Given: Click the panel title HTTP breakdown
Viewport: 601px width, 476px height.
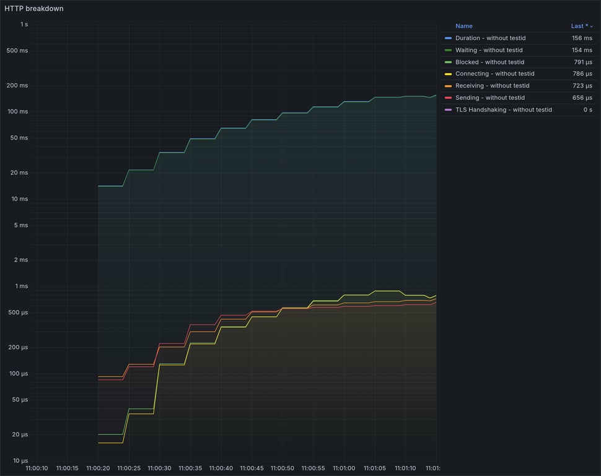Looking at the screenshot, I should coord(34,9).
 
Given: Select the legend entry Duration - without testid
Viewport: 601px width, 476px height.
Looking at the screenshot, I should coord(490,38).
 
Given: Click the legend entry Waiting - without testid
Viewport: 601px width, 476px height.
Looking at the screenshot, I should coord(489,50).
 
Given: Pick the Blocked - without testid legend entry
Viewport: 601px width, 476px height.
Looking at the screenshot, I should coord(489,62).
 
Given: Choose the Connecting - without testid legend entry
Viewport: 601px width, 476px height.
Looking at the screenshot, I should coord(494,74).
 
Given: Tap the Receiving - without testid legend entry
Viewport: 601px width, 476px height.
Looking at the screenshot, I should coord(492,86).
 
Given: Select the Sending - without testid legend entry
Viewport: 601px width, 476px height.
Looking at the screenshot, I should coord(489,97).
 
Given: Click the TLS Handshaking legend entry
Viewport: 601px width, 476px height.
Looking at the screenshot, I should coord(503,110).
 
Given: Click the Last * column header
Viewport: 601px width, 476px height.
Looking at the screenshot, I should coord(580,26).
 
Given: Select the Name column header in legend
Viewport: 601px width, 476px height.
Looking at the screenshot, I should coord(463,26).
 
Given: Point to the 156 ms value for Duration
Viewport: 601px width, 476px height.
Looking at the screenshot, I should coord(582,38).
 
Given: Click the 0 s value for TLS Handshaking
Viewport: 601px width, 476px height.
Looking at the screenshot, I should coord(587,110).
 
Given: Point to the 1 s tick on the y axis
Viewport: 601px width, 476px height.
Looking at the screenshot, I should coord(24,24).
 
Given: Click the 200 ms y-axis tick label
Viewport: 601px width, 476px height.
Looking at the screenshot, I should coord(17,86).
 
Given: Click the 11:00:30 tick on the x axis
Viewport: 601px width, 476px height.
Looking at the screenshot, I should coord(159,468).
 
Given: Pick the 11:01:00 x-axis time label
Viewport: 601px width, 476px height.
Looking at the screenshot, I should coord(343,468).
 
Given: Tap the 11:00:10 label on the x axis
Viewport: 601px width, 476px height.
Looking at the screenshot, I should coord(37,468).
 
